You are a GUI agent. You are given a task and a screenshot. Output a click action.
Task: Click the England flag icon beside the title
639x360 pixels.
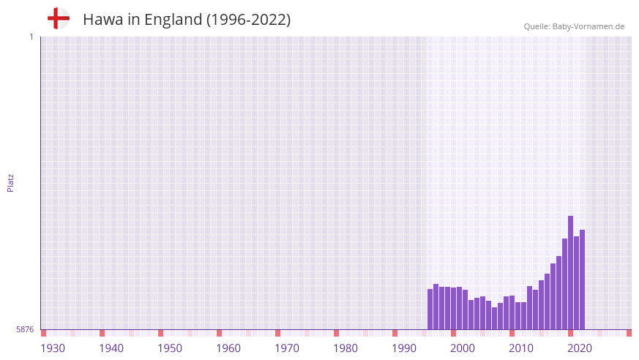[58, 19]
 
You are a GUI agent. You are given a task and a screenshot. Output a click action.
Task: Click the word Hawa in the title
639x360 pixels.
[103, 20]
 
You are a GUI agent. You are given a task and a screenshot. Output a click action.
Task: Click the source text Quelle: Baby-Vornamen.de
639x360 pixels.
[574, 26]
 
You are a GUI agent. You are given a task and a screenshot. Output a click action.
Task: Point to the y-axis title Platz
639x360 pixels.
[10, 182]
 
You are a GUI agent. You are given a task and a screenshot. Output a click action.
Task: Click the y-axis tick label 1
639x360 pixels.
[31, 37]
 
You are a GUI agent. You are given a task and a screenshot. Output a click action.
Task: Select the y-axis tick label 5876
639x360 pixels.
[25, 330]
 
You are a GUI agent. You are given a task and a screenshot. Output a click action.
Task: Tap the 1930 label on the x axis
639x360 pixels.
[53, 348]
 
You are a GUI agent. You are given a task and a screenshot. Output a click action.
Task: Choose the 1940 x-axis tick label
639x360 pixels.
[111, 348]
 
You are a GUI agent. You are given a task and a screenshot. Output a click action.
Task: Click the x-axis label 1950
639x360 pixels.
[170, 348]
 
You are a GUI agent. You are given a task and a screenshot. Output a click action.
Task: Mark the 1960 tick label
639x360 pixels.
[228, 348]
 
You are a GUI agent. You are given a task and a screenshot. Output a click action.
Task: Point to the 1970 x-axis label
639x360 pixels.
[287, 348]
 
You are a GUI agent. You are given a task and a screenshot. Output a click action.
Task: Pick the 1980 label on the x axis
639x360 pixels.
[345, 348]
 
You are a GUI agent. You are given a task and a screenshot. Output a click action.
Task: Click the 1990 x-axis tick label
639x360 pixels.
[404, 348]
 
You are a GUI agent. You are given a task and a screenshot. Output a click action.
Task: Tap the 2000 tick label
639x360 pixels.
[463, 348]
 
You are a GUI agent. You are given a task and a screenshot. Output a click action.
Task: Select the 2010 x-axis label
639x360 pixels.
[521, 348]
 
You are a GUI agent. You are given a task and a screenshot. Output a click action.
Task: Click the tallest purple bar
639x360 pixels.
[570, 272]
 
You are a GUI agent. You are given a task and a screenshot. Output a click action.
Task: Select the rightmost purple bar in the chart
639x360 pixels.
[582, 280]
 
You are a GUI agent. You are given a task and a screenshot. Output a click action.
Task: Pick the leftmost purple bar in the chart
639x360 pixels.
[430, 309]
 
